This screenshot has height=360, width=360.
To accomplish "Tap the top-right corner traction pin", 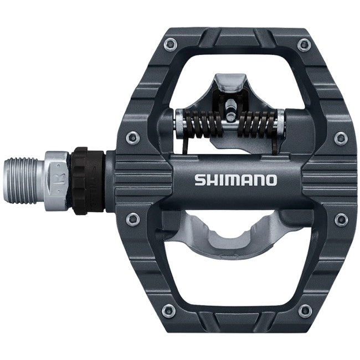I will pos(302,44).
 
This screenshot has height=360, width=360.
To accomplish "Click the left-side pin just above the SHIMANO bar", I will pos(131,136).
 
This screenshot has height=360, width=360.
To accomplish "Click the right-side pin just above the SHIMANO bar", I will pos(339,136).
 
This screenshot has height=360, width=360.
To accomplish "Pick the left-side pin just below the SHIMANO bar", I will pos(131,219).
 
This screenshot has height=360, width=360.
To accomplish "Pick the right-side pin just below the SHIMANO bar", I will pos(339,219).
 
